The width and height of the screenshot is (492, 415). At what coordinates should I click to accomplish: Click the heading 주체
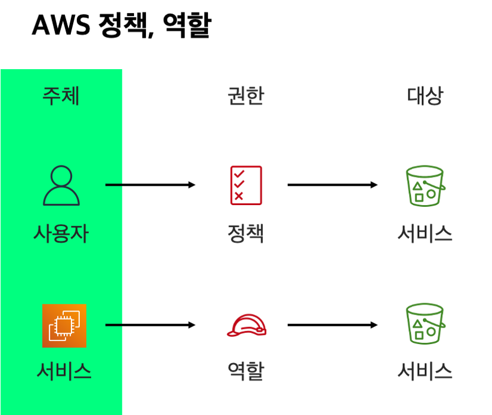click(61, 96)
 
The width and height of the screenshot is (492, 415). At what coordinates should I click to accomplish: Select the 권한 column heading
click(245, 96)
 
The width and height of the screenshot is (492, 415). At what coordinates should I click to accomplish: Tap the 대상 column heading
click(425, 96)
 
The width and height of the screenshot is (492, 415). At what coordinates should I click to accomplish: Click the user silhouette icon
click(61, 186)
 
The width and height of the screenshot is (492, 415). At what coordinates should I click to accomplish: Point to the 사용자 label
click(61, 234)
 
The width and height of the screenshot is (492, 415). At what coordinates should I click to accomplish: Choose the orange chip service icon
click(64, 325)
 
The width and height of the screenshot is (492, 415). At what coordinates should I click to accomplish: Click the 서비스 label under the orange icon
click(64, 371)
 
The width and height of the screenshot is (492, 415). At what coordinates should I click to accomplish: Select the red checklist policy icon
click(246, 186)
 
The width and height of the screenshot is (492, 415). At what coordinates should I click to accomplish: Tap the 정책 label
click(245, 234)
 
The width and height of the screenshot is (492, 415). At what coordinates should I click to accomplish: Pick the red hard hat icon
click(247, 325)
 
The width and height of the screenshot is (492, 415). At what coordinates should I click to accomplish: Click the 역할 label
click(245, 371)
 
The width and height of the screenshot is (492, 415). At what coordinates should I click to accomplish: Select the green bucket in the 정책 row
click(425, 186)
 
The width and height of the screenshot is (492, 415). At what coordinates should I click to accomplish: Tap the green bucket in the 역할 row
click(425, 324)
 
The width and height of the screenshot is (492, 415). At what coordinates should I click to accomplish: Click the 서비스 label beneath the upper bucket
click(425, 234)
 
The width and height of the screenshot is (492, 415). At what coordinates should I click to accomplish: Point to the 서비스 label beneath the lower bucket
click(425, 371)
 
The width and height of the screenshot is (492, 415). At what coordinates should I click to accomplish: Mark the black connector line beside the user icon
click(113, 185)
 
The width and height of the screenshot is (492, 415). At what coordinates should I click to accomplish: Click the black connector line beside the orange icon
click(113, 325)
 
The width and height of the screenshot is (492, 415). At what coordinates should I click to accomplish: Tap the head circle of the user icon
click(61, 176)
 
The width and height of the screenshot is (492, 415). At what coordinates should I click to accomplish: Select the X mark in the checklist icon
click(239, 196)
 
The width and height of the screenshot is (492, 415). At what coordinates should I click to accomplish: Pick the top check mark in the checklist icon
click(239, 174)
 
